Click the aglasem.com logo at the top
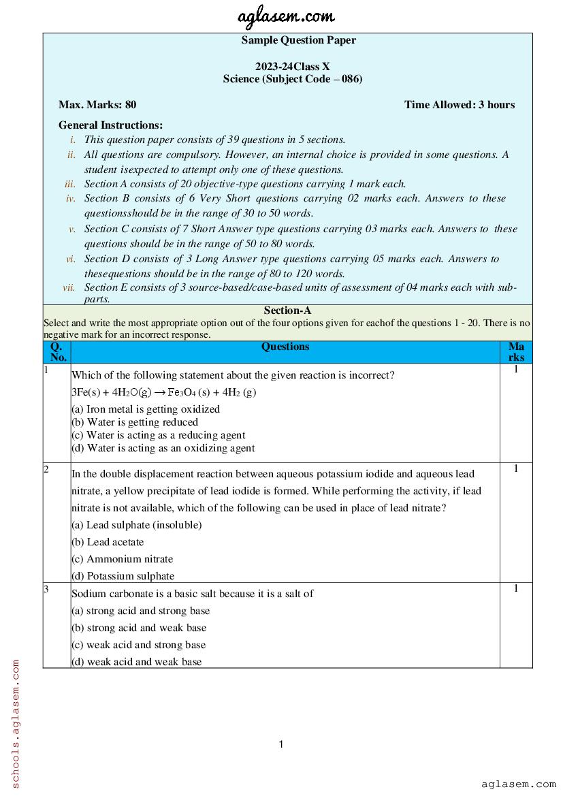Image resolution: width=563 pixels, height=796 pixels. click(285, 16)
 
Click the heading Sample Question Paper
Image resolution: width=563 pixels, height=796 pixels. click(298, 40)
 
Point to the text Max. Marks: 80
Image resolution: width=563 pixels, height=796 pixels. click(97, 105)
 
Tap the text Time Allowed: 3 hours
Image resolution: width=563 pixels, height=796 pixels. click(459, 105)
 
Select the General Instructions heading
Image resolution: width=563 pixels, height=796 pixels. click(110, 125)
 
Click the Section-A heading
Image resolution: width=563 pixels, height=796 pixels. click(287, 311)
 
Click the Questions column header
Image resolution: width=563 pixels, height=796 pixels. click(285, 347)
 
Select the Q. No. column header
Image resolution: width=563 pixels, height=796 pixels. click(59, 351)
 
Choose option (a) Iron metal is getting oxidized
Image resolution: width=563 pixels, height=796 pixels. click(146, 409)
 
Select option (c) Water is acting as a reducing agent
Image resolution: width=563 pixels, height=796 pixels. click(158, 435)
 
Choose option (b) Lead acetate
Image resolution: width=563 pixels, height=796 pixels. click(108, 542)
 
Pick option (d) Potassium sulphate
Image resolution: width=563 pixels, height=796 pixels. click(123, 576)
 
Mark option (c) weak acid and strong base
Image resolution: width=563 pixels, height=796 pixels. click(138, 645)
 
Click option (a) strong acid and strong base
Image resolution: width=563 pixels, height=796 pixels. click(140, 611)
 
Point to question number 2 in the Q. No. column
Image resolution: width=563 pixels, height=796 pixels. click(46, 469)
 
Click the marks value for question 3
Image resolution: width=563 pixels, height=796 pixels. click(515, 588)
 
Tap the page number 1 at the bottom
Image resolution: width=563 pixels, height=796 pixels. click(281, 744)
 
